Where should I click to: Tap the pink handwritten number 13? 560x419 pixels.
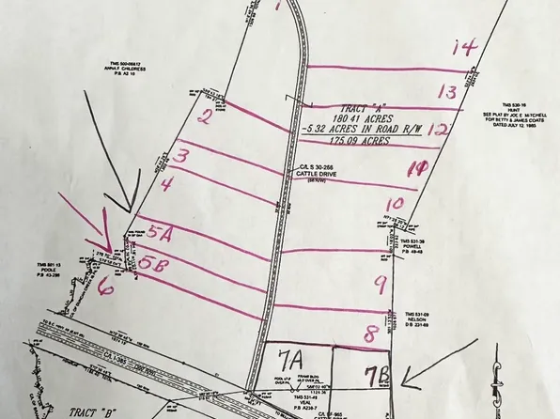point(446,91)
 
